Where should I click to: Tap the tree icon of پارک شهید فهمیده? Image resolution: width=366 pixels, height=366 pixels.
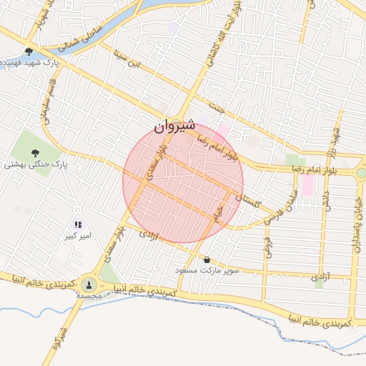pos(29,51)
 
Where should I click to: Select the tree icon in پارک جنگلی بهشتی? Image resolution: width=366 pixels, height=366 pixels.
pos(35,152)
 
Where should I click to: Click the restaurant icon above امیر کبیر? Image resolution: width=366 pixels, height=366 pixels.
pos(77,224)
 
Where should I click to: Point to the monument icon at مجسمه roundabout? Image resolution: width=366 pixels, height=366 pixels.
pos(89,285)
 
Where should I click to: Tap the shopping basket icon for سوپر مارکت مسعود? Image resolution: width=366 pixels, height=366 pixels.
pos(207,260)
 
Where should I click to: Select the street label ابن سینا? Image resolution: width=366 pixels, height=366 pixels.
pos(132,60)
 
